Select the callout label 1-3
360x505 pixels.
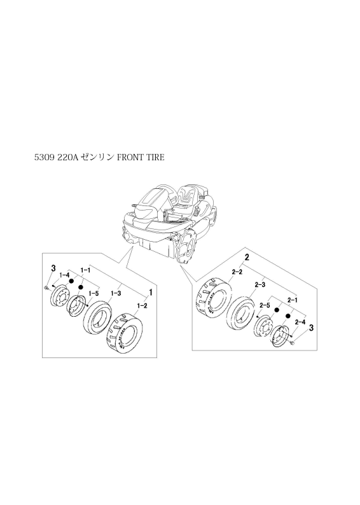[116, 293]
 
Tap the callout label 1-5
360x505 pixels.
[93, 293]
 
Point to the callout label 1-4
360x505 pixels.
[65, 275]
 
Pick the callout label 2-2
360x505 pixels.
[237, 272]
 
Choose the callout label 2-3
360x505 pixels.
[260, 285]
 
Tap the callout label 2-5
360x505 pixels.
[265, 304]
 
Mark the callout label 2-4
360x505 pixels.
[300, 321]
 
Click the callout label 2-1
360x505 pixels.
[292, 300]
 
